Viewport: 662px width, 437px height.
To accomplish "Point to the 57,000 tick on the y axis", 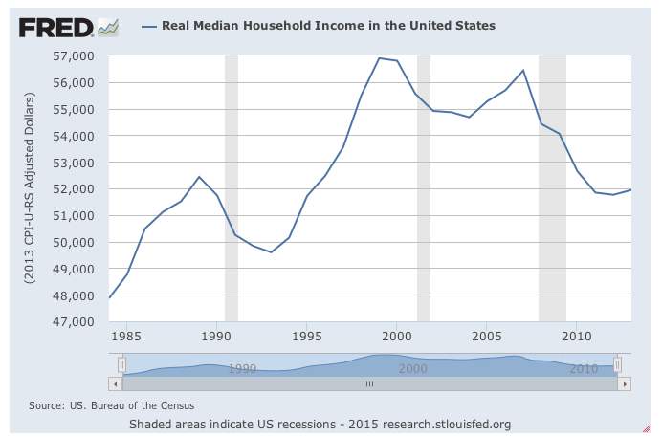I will [x=79, y=56].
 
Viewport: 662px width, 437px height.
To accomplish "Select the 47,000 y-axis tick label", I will [x=79, y=321].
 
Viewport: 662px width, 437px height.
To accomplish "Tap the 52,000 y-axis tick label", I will [x=79, y=189].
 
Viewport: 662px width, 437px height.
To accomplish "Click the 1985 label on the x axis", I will [x=127, y=337].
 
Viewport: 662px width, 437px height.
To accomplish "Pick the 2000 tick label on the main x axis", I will [x=397, y=337].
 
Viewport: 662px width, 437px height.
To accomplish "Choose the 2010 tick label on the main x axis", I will [x=576, y=337].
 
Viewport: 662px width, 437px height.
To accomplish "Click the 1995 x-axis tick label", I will [x=307, y=337].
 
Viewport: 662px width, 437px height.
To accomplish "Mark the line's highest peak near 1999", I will [x=379, y=58].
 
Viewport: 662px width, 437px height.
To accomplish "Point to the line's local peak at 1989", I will [x=199, y=177].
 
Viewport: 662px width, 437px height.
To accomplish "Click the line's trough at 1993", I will [x=271, y=252].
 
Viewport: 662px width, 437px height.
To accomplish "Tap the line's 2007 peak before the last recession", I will [x=523, y=70].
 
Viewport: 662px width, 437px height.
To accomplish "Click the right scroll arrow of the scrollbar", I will [x=625, y=383].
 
